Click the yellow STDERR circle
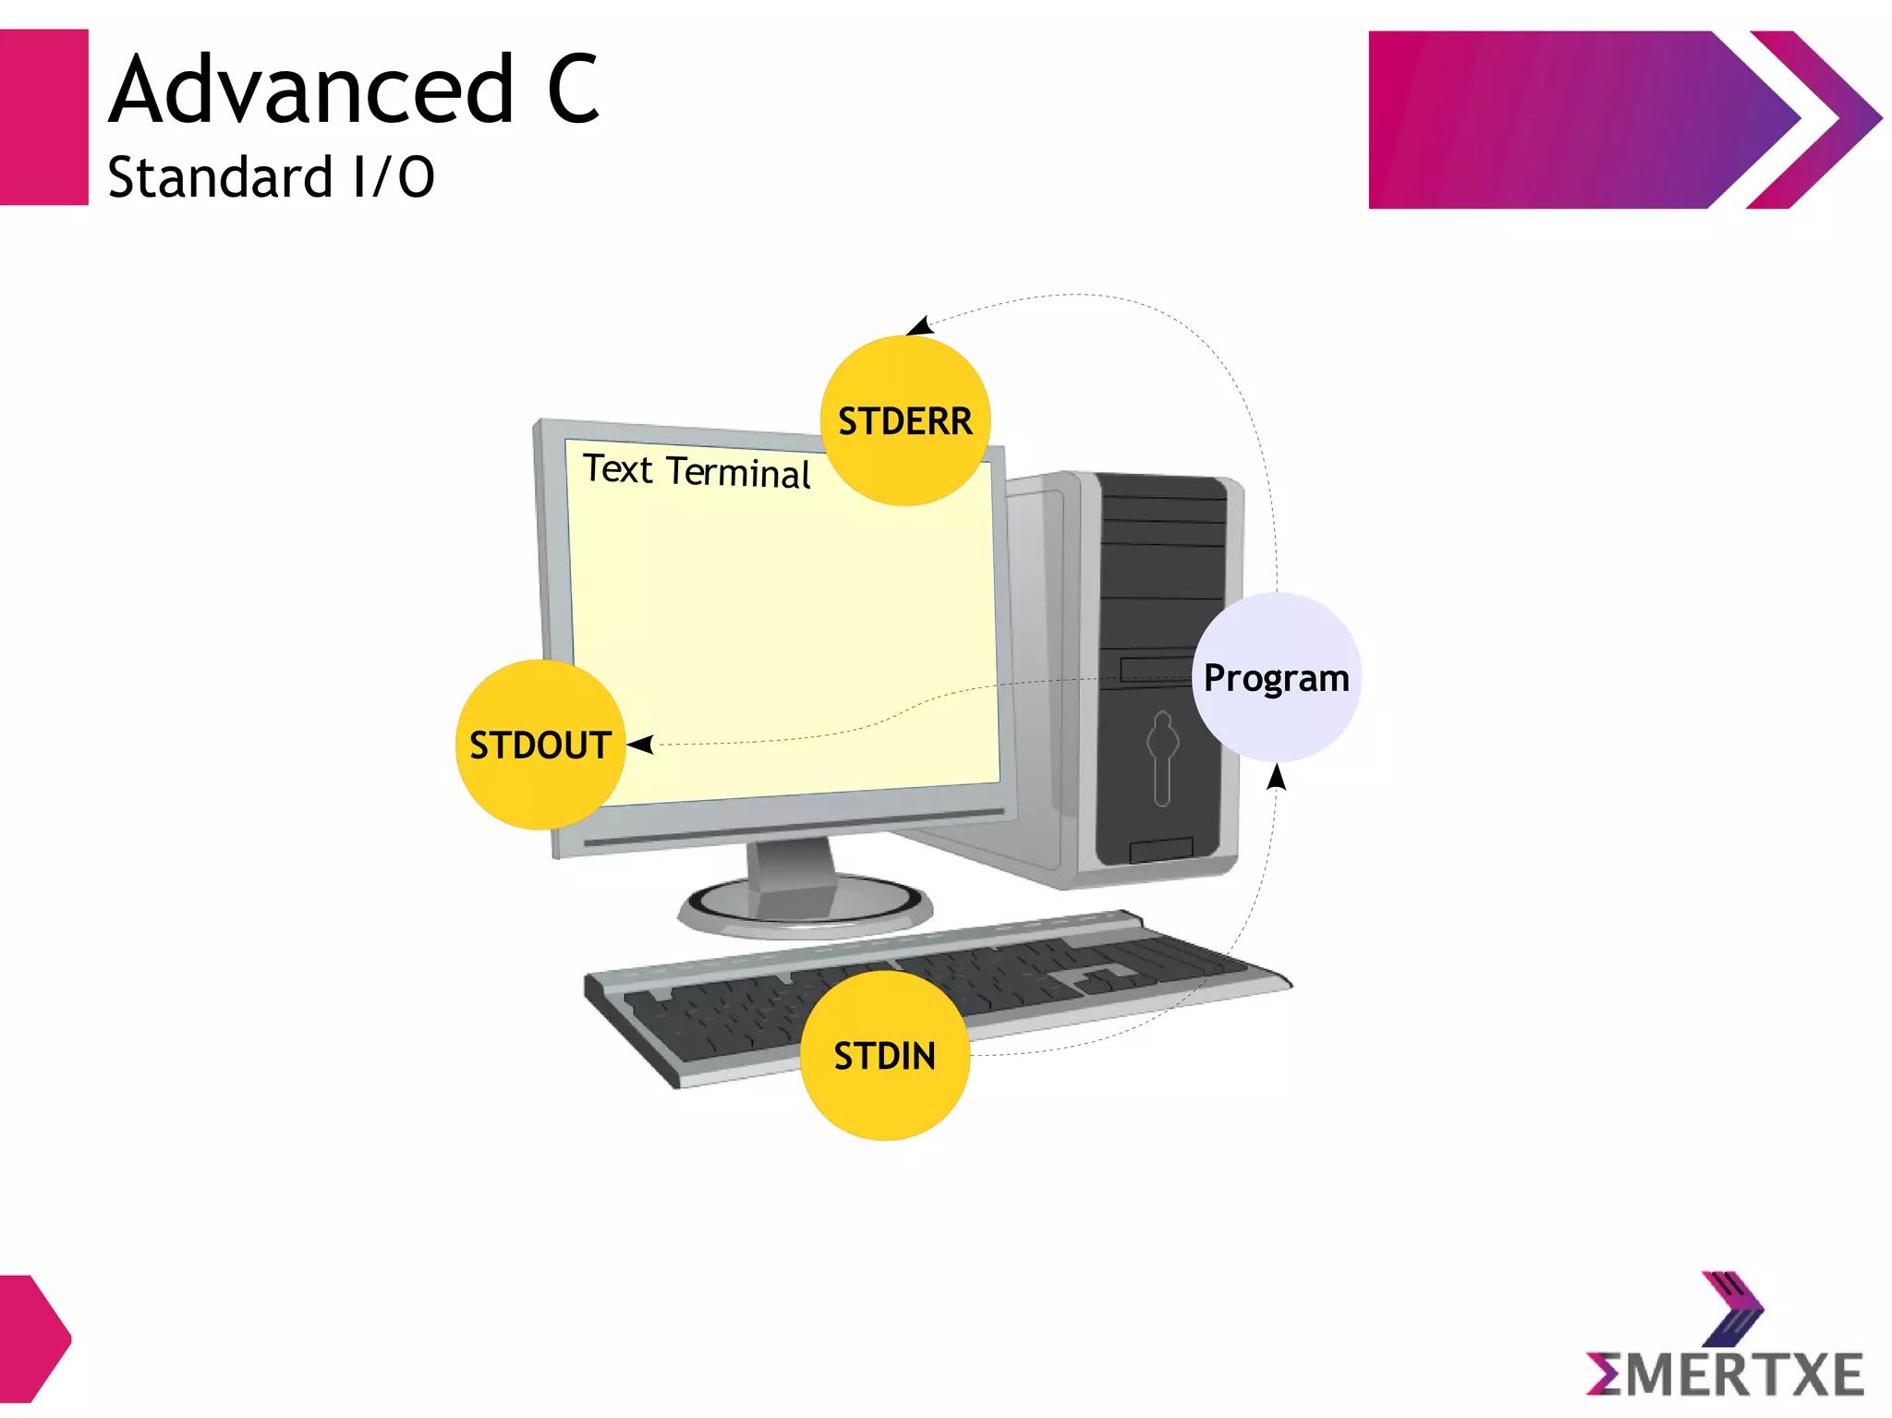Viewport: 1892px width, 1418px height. tap(904, 420)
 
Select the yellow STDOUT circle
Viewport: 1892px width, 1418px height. tap(540, 745)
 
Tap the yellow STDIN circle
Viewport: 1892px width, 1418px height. tap(884, 1055)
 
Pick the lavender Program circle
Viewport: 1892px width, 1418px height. tap(1276, 677)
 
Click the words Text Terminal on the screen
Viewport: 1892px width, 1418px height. tap(697, 471)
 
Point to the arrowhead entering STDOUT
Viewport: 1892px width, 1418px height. tap(640, 744)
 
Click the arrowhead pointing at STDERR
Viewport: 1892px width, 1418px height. tap(919, 325)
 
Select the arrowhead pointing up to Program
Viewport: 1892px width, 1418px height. tap(1277, 777)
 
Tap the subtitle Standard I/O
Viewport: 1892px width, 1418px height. tap(271, 177)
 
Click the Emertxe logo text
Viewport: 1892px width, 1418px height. tap(1726, 1375)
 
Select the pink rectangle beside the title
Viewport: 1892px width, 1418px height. tap(43, 117)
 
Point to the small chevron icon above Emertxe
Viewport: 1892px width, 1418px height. tap(1732, 1307)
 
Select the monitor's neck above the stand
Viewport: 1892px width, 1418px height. tap(793, 864)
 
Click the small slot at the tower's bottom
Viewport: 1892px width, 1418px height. tap(1160, 849)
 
